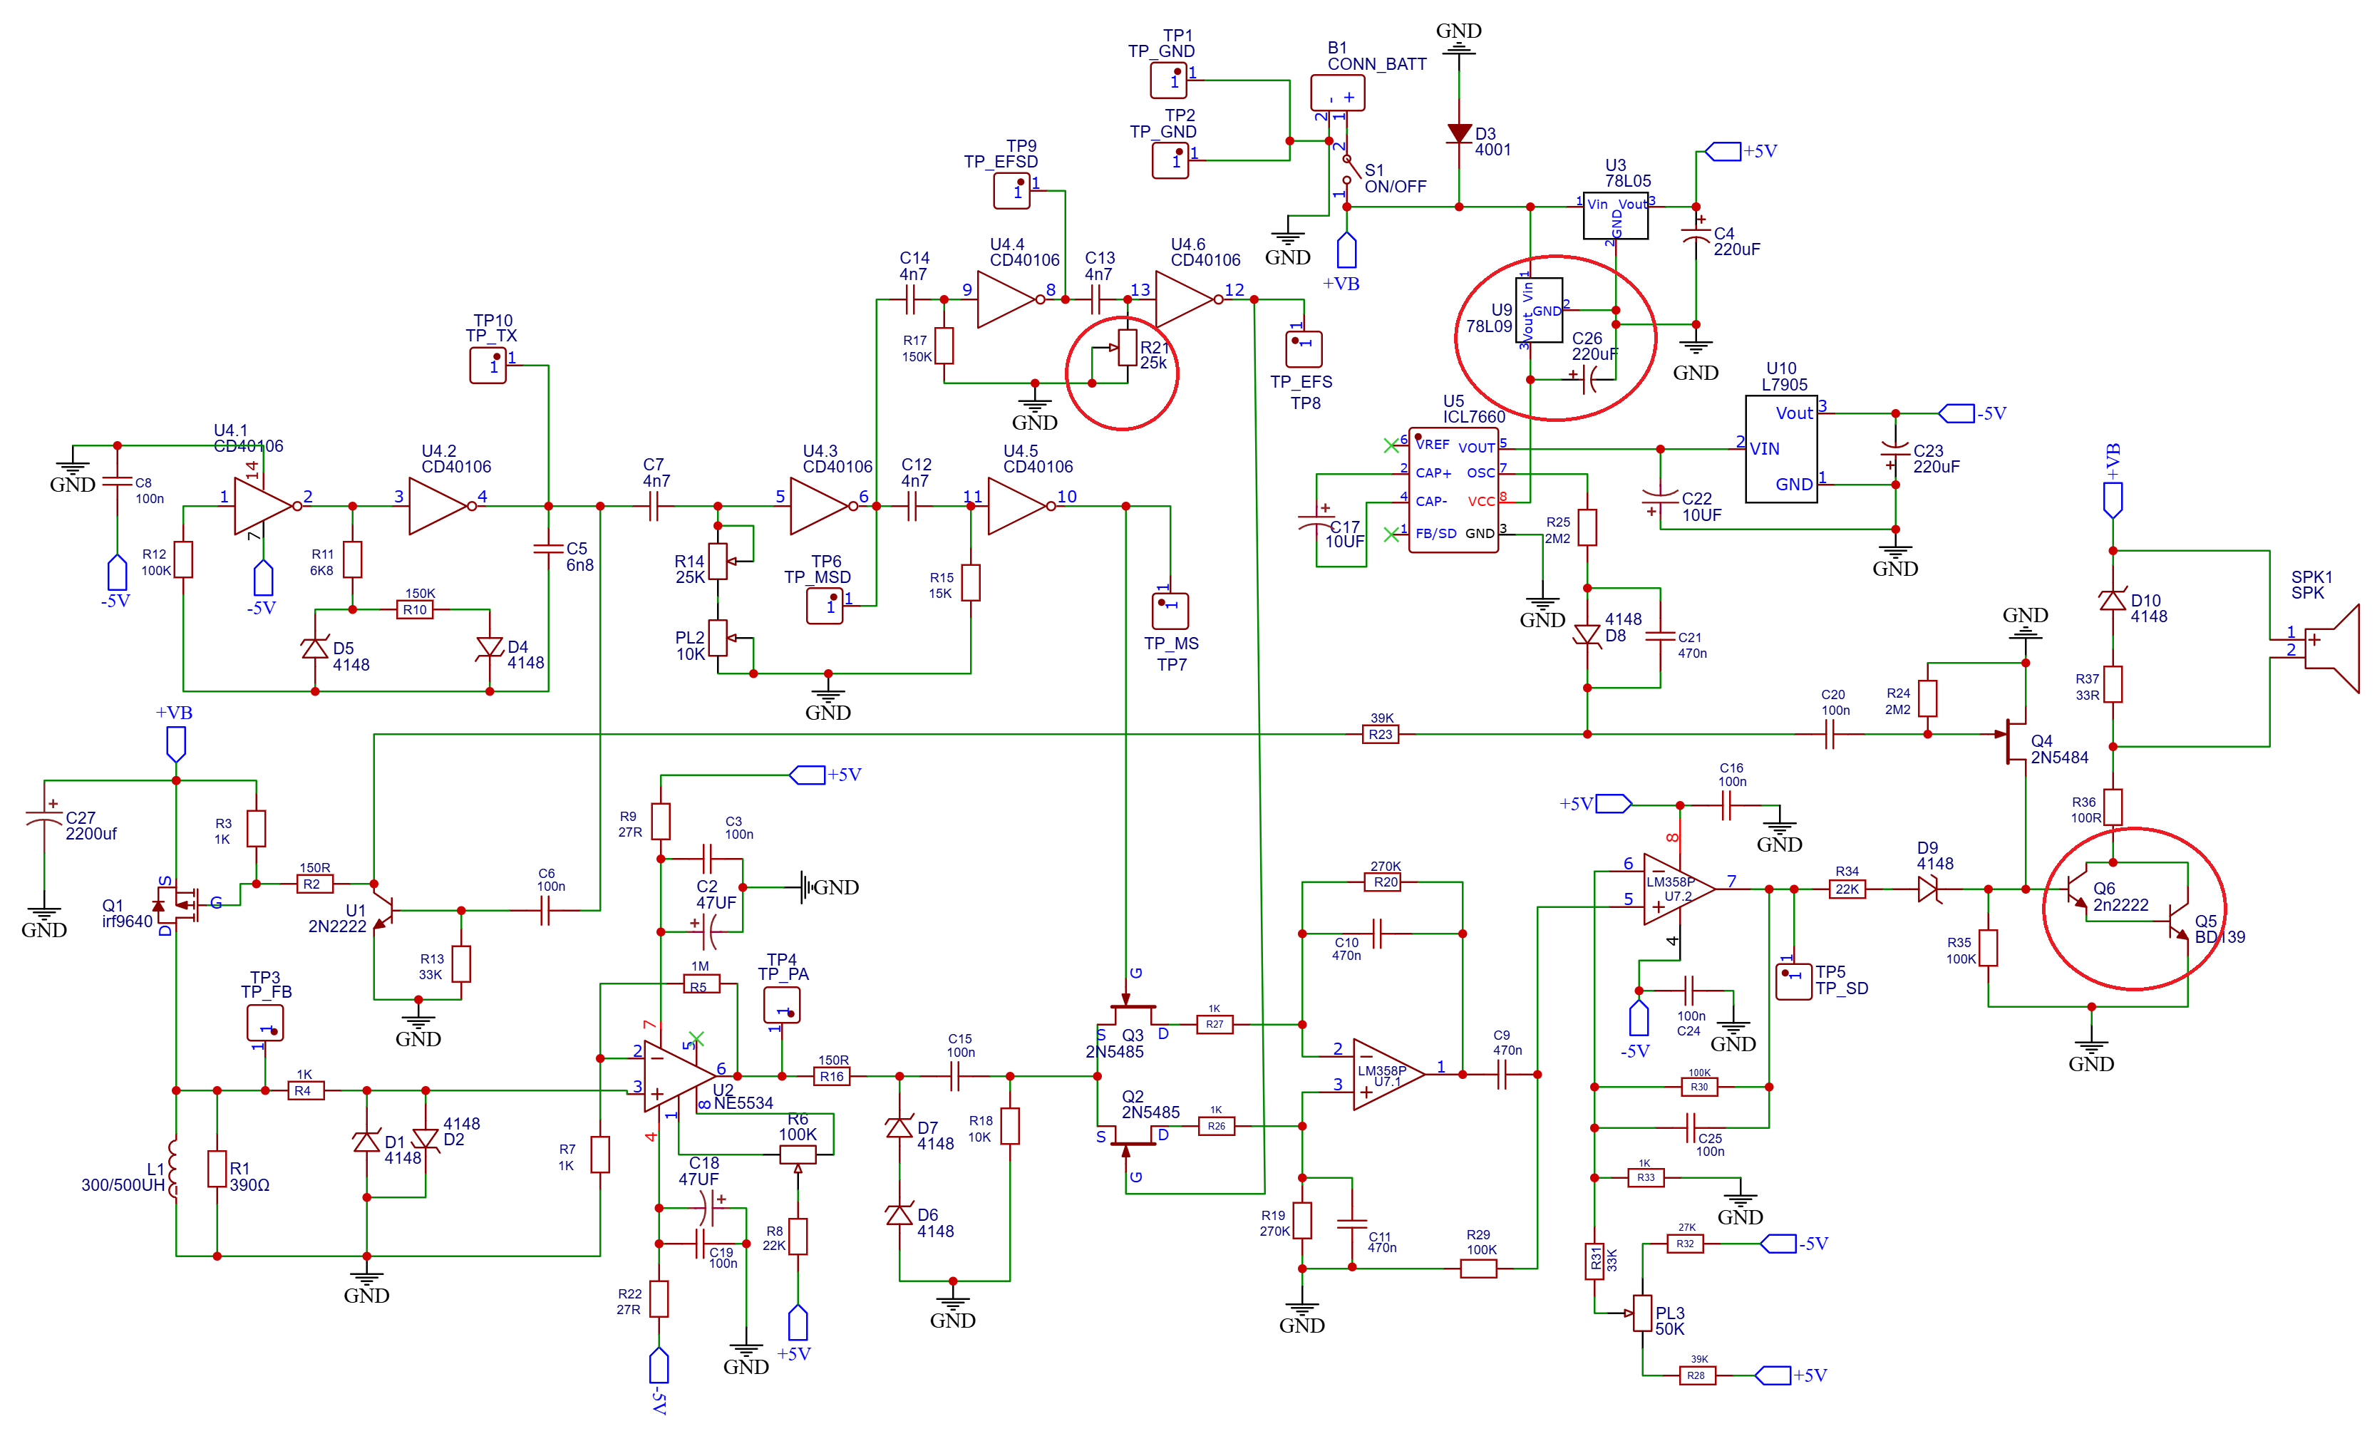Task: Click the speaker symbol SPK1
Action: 2333,647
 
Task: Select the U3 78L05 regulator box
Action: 1615,215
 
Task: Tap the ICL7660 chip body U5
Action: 1453,490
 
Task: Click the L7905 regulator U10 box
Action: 1781,448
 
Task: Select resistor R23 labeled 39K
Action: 1381,734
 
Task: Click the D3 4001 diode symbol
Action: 1458,133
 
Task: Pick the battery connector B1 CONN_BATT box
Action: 1337,93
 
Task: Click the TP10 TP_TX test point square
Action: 488,366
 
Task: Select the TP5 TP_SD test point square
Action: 1793,981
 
